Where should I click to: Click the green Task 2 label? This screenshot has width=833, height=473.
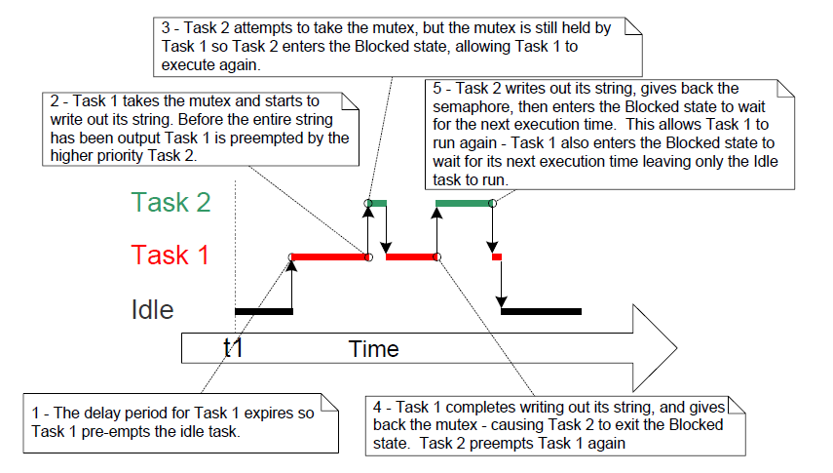pos(172,202)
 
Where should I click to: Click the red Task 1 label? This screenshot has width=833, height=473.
pos(171,256)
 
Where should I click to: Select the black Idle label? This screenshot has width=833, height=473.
pos(152,310)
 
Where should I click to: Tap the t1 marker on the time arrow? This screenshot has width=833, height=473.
pos(233,348)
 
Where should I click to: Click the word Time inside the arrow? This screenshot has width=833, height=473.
pos(374,349)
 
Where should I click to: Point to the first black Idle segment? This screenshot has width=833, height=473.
pos(263,311)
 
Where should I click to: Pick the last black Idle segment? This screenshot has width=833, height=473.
pos(541,311)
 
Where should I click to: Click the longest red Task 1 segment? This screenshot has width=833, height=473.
pos(329,256)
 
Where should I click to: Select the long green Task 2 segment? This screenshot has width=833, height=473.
pos(464,203)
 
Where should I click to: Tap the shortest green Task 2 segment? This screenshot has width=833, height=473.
pos(378,203)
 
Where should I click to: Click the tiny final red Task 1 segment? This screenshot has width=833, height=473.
pos(497,256)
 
